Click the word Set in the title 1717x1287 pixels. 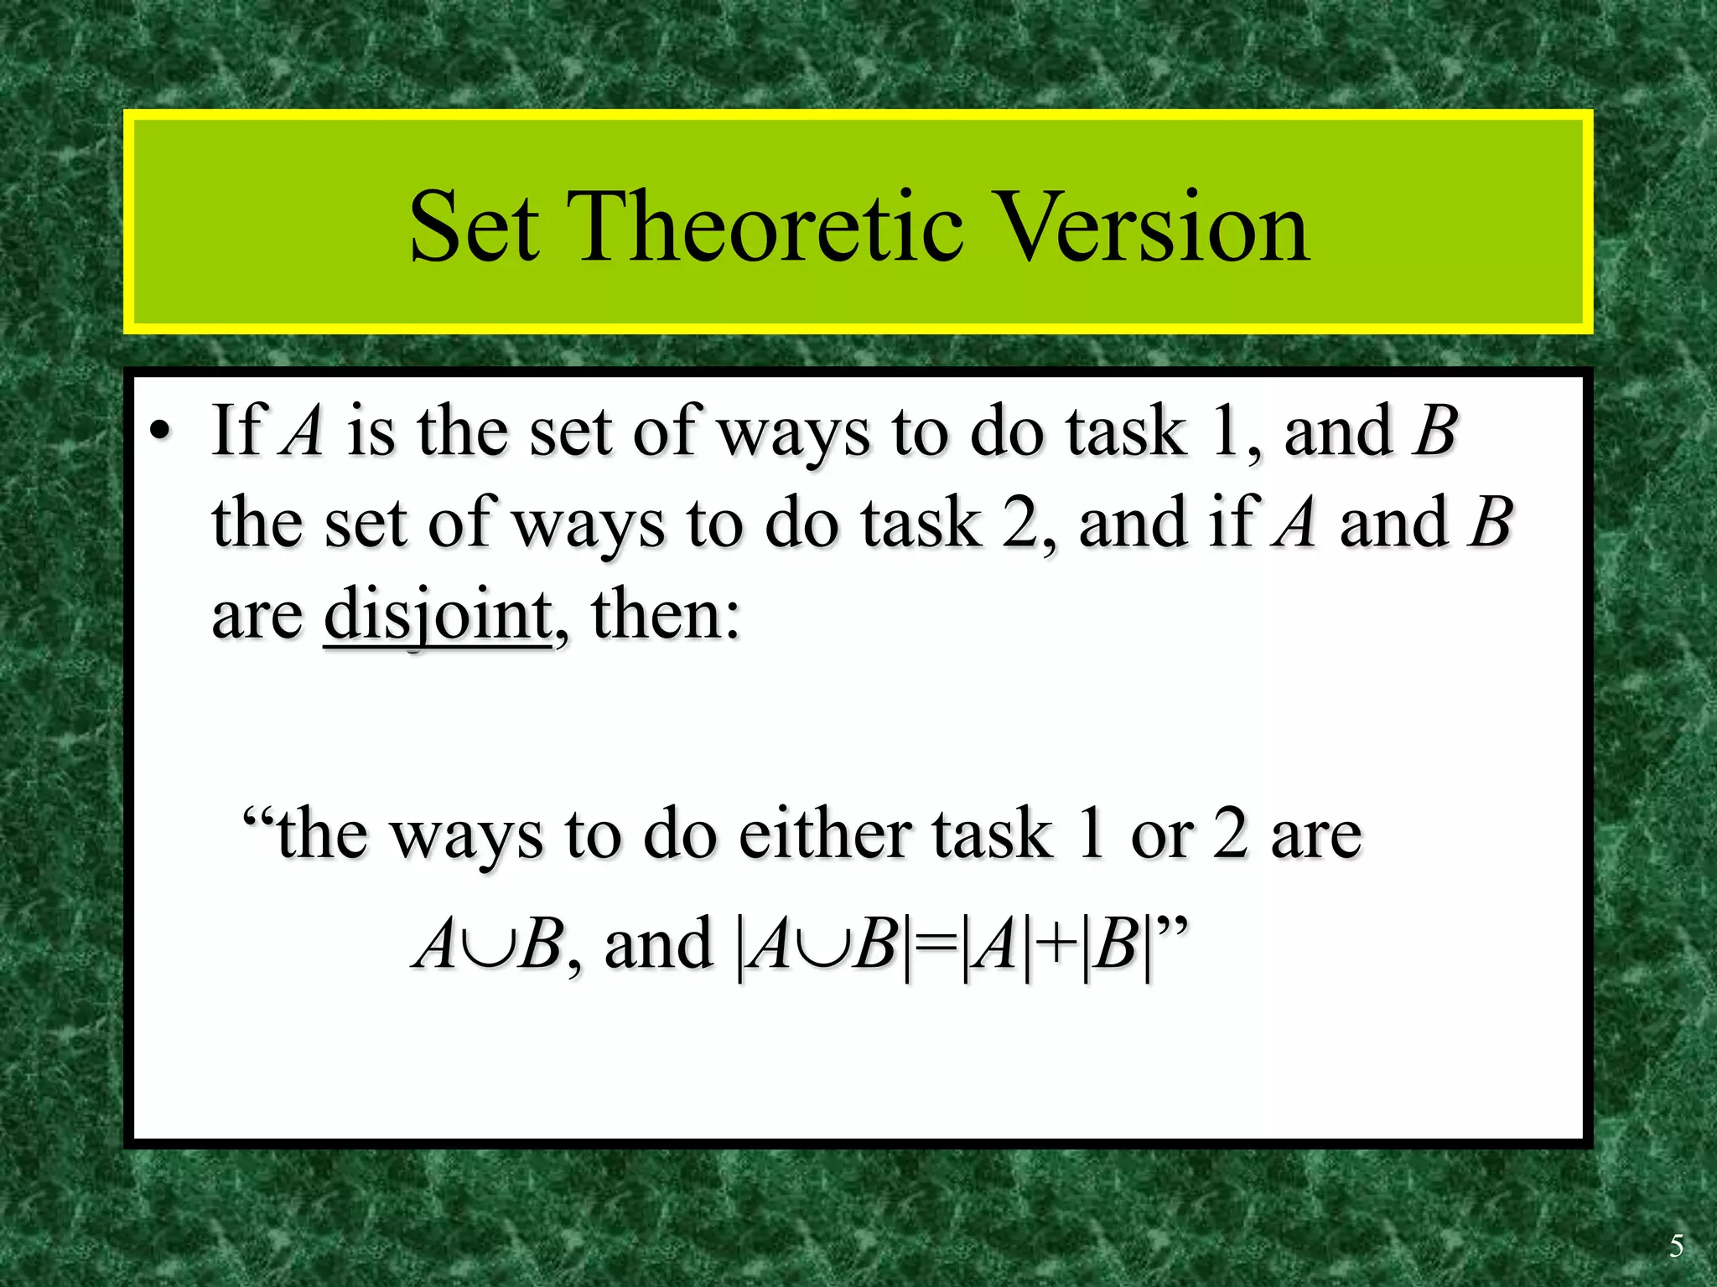point(474,227)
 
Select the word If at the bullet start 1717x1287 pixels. point(239,430)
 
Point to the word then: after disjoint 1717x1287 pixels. point(666,614)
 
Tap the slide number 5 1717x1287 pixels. point(1675,1247)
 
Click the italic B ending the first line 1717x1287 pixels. point(1434,430)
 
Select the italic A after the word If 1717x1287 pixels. point(302,430)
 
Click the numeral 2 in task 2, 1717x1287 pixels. point(1019,523)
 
